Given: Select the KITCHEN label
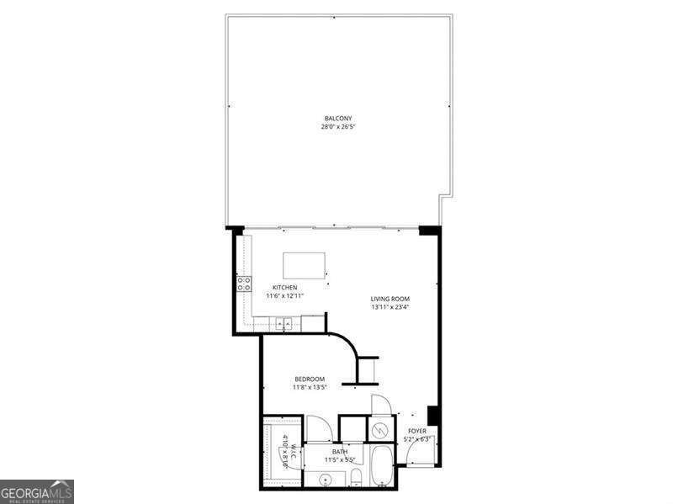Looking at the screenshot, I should click(284, 287).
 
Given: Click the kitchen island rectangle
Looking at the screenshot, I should click(304, 265).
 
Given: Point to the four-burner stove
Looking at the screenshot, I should click(244, 284).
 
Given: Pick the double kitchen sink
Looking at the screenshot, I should click(284, 321).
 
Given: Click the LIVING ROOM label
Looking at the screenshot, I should click(390, 299).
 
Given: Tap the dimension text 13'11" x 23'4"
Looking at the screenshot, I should click(390, 308).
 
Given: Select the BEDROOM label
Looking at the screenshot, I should click(309, 379).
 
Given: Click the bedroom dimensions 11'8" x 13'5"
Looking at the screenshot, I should click(309, 388).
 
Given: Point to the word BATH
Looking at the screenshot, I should click(339, 451).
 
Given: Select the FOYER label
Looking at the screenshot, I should click(416, 431).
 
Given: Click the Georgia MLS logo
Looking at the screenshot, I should click(37, 491).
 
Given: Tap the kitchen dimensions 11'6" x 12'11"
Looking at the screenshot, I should click(284, 296).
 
